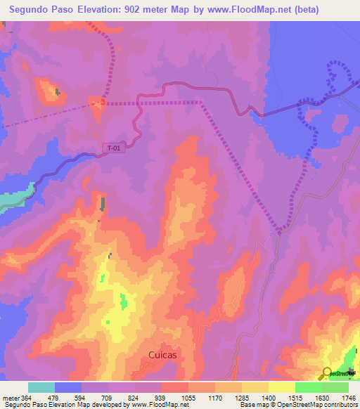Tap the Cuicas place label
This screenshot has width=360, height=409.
point(162,356)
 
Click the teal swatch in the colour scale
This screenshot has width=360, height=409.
point(41,387)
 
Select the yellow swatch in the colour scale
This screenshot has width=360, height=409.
point(281,387)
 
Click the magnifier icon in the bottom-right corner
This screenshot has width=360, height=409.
point(326,373)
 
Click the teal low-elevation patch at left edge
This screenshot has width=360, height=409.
point(14,196)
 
